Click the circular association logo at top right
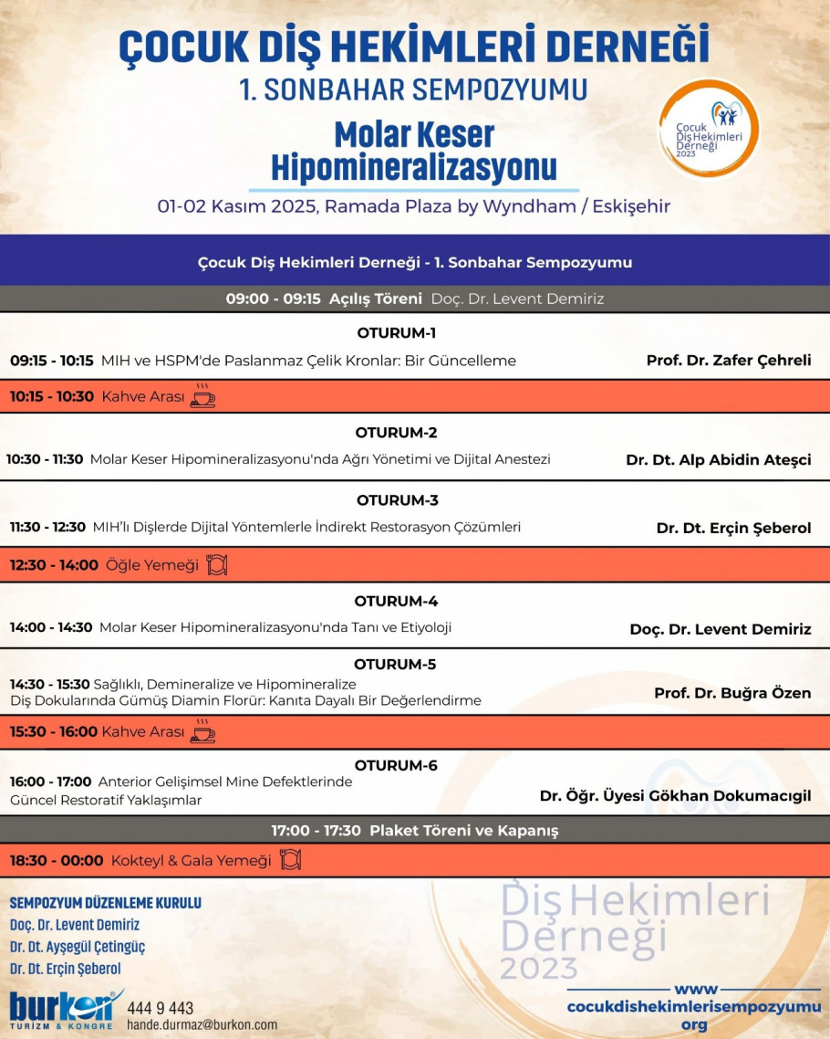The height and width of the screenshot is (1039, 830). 709,129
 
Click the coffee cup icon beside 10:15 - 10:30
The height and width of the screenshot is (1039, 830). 202,396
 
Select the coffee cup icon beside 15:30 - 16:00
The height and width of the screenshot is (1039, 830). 202,731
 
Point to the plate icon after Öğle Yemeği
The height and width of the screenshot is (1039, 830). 216,565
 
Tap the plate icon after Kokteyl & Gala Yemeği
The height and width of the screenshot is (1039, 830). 289,860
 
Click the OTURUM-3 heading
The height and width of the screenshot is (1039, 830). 398,500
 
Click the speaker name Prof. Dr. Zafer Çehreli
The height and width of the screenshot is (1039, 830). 728,361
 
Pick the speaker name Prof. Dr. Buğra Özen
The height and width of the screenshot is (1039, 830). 731,693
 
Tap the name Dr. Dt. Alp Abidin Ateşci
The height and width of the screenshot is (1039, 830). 718,460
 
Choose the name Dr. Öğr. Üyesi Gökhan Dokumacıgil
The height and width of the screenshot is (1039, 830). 675,796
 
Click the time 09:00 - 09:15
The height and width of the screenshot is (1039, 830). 273,299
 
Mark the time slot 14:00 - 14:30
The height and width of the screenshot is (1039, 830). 51,628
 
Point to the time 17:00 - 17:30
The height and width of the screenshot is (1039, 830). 316,831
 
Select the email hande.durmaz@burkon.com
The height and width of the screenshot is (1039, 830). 202,1025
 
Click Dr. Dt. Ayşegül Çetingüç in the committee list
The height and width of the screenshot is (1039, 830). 78,947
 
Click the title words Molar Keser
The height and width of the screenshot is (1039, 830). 414,135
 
